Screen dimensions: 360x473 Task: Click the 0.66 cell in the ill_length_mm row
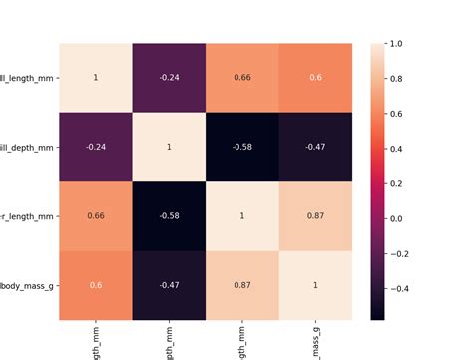pyautogui.click(x=241, y=78)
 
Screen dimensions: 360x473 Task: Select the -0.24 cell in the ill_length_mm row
pyautogui.click(x=168, y=78)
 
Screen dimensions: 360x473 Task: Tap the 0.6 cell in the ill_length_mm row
pyautogui.click(x=315, y=78)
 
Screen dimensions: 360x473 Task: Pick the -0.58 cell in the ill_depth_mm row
pyautogui.click(x=241, y=147)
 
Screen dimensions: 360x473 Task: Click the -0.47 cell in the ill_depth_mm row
pyautogui.click(x=315, y=147)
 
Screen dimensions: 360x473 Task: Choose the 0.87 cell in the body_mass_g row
pyautogui.click(x=241, y=285)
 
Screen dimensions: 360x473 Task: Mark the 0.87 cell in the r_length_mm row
pyautogui.click(x=315, y=216)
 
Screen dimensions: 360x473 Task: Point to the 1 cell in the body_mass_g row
pyautogui.click(x=315, y=285)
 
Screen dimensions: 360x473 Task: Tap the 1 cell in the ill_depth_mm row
pyautogui.click(x=168, y=147)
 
